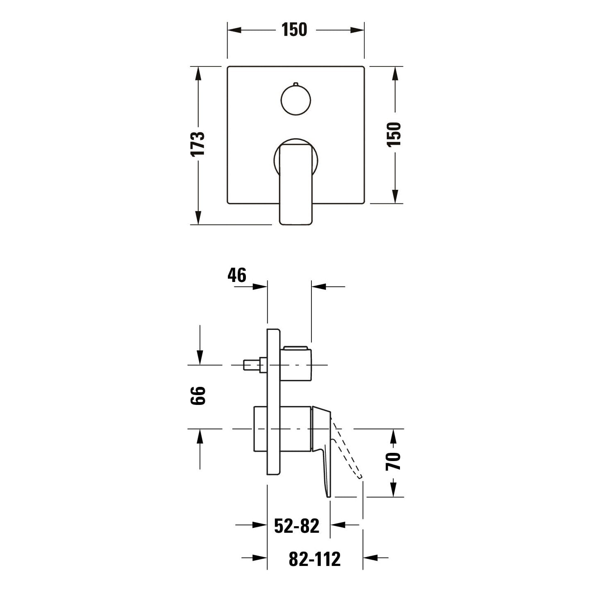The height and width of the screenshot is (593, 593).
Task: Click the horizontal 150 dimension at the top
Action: pyautogui.click(x=294, y=30)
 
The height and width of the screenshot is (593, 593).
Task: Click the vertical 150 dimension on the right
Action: pyautogui.click(x=394, y=134)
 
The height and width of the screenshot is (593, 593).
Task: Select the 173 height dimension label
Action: pyautogui.click(x=198, y=144)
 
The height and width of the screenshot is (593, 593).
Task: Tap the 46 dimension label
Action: pyautogui.click(x=237, y=275)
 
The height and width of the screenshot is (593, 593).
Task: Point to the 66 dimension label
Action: pyautogui.click(x=198, y=396)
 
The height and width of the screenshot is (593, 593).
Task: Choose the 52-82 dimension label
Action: pyautogui.click(x=297, y=526)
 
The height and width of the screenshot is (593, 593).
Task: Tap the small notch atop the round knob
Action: pyautogui.click(x=296, y=84)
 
